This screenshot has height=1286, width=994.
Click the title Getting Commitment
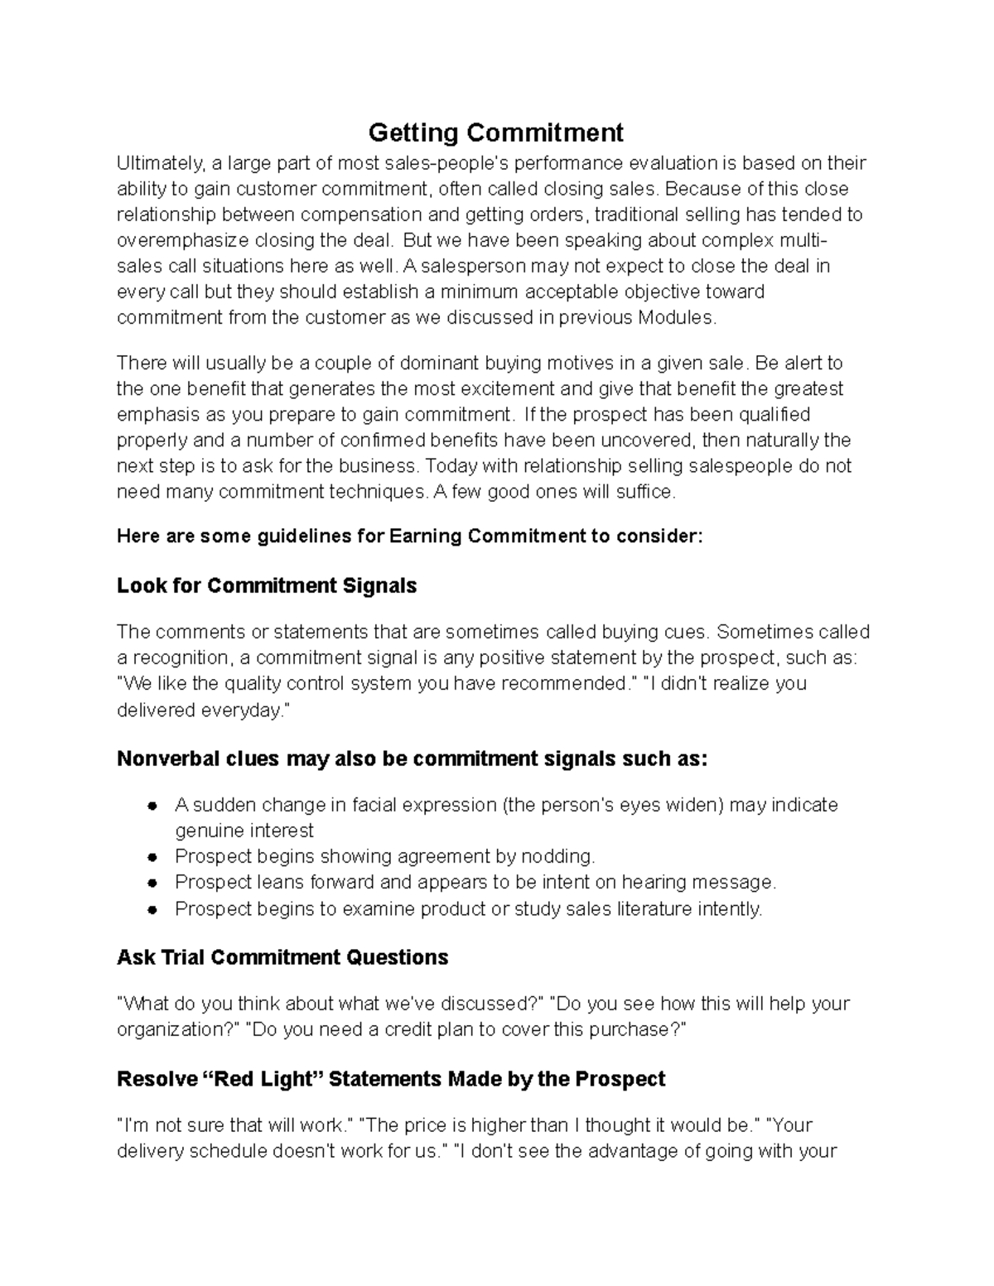click(x=495, y=132)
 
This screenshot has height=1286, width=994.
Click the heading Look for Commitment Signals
click(x=266, y=586)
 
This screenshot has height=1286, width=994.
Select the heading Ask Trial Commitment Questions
click(x=282, y=958)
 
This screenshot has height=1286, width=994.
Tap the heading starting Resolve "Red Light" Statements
click(x=391, y=1080)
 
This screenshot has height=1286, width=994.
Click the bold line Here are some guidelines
click(x=409, y=537)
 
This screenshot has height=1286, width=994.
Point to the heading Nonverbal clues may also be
click(x=412, y=759)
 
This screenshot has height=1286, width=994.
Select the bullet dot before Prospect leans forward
click(x=152, y=884)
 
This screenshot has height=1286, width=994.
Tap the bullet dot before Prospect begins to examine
click(x=152, y=910)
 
